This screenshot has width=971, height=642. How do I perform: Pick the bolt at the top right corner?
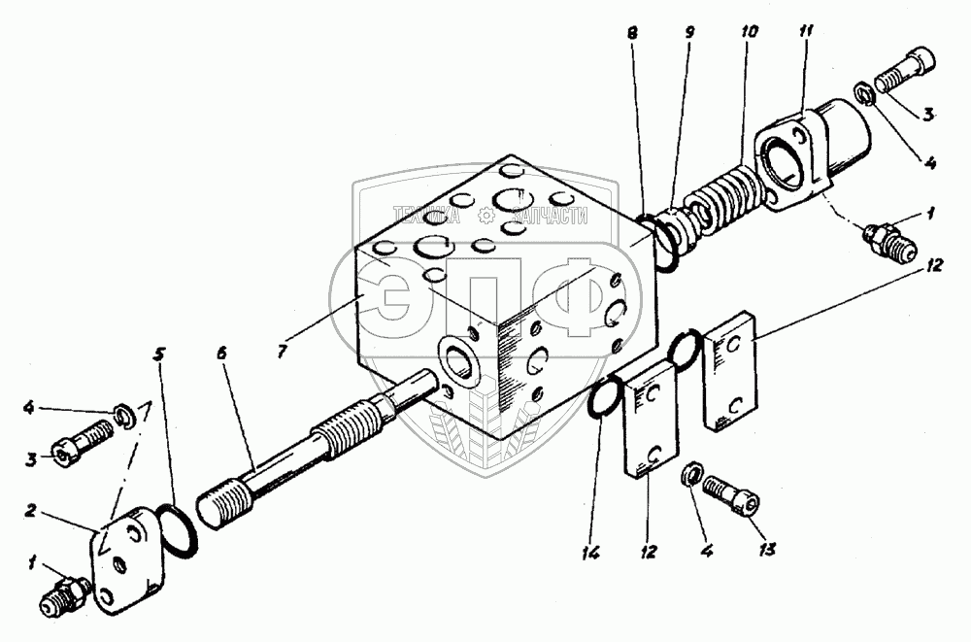[x=906, y=71]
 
